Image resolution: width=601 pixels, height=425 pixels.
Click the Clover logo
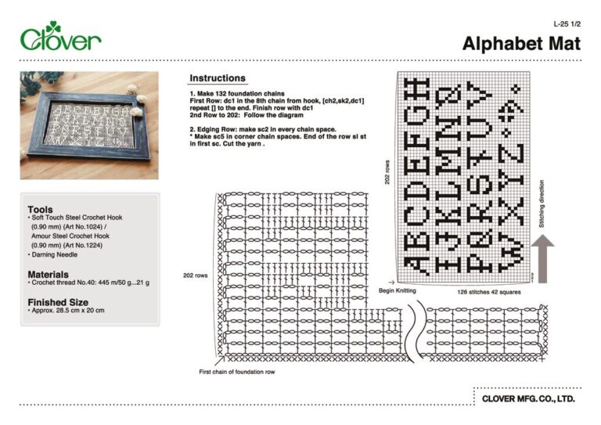click(x=60, y=38)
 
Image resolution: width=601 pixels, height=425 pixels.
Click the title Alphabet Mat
click(x=521, y=44)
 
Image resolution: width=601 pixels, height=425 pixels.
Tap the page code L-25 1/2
click(x=567, y=24)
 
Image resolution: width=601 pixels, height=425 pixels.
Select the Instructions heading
click(x=218, y=78)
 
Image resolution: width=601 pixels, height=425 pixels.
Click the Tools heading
click(x=40, y=209)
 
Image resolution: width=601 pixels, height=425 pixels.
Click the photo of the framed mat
click(x=88, y=125)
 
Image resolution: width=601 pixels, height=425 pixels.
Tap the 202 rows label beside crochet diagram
click(x=196, y=276)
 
